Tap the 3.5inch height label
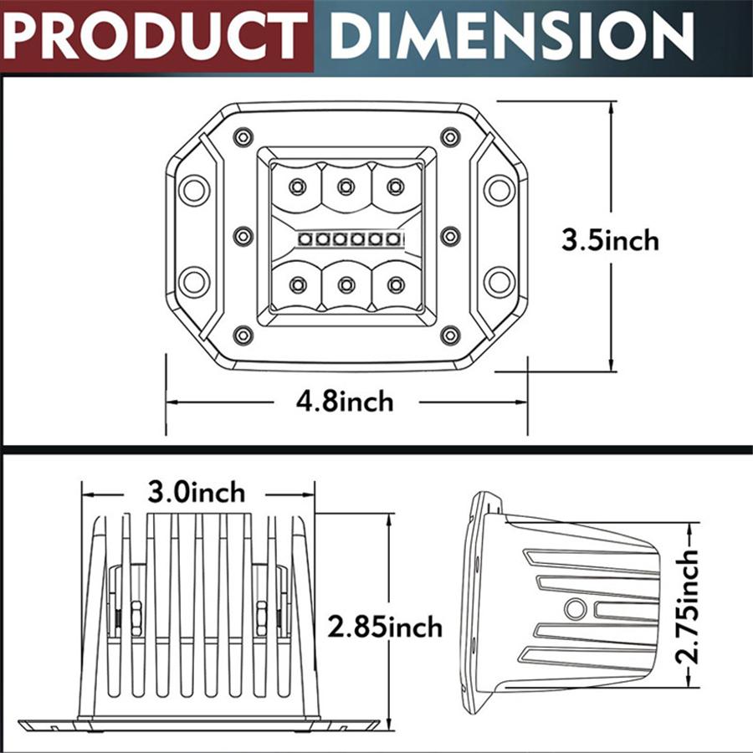pyautogui.click(x=610, y=241)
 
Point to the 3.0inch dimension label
pyautogui.click(x=197, y=492)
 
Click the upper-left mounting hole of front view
pyautogui.click(x=193, y=189)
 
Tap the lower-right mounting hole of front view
pyautogui.click(x=499, y=281)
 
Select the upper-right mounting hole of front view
pyautogui.click(x=499, y=189)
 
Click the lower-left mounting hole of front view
pyautogui.click(x=193, y=281)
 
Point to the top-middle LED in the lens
pyautogui.click(x=346, y=187)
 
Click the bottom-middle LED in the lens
pyautogui.click(x=346, y=285)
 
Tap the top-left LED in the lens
pyautogui.click(x=297, y=187)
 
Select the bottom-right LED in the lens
pyautogui.click(x=396, y=285)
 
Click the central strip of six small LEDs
pyautogui.click(x=346, y=240)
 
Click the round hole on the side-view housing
pyautogui.click(x=575, y=609)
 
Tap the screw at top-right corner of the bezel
pyautogui.click(x=450, y=136)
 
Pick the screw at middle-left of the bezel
pyautogui.click(x=243, y=236)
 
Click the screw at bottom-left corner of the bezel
pyautogui.click(x=243, y=336)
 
